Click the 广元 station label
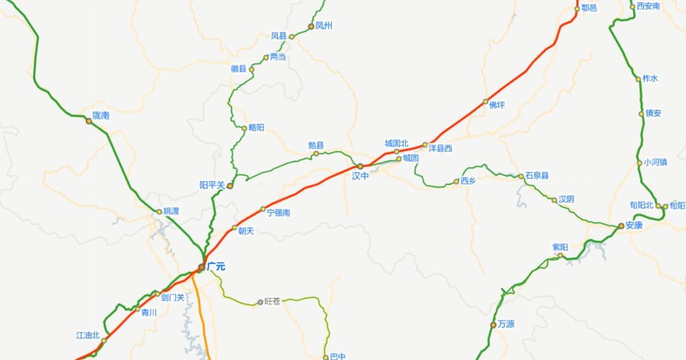[x=216, y=266]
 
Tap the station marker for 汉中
[x=360, y=166]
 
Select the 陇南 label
[x=101, y=115]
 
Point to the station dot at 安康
[x=621, y=226]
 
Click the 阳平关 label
[x=212, y=185]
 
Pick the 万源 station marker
[x=493, y=325]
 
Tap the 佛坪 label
[x=497, y=105]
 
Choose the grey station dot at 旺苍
[x=261, y=302]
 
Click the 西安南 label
[x=648, y=6]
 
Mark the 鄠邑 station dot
[x=577, y=9]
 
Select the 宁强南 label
[x=279, y=213]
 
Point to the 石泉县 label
[x=537, y=176]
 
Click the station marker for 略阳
[x=245, y=129]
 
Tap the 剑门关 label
[x=172, y=297]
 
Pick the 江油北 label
[x=88, y=336]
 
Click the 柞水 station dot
[x=638, y=79]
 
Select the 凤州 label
[x=324, y=26]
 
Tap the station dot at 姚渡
[x=159, y=212]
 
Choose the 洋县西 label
[x=440, y=148]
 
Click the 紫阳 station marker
[x=560, y=255]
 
